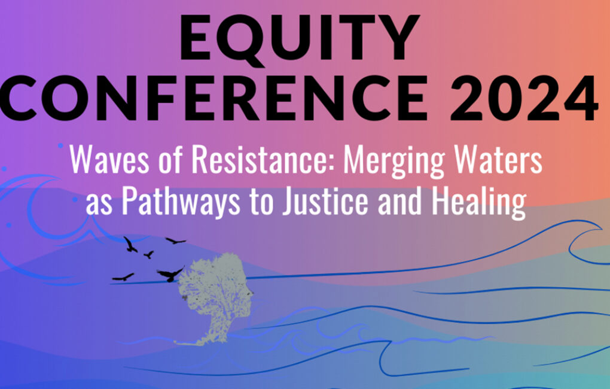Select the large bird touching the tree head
pyautogui.click(x=170, y=273)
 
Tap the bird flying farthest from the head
pyautogui.click(x=123, y=277)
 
